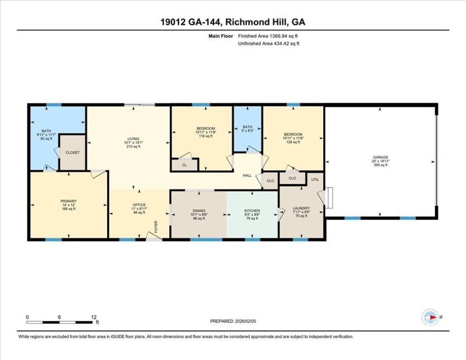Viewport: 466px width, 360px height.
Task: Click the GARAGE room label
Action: coord(381,157)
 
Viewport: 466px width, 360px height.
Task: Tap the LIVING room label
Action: coord(133,139)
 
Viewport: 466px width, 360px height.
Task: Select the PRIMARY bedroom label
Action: coord(69,201)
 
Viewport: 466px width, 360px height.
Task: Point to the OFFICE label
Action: coord(139,205)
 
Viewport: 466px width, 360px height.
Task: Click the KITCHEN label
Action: coord(252,210)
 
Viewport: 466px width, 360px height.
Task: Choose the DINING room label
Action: coord(199,210)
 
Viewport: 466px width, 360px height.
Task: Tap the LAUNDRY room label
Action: coord(301,208)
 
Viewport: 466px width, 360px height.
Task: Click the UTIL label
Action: coord(315,180)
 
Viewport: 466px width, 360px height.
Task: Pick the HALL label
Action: coord(247,175)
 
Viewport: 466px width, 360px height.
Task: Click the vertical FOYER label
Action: coord(156,227)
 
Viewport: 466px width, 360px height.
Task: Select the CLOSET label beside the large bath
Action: coord(73,153)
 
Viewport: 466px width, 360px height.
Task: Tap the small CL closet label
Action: coord(185,165)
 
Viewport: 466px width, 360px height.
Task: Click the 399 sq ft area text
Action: coord(381,165)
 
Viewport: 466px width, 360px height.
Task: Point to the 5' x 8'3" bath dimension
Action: coord(247,130)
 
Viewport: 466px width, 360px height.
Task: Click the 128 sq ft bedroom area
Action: coord(293,142)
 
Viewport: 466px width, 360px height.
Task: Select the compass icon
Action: coord(430,317)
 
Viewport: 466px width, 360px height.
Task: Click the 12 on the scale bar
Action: coord(94,317)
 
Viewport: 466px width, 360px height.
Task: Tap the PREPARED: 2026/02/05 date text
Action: coord(233,321)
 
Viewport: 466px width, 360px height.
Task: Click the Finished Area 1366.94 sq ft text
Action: coord(268,36)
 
